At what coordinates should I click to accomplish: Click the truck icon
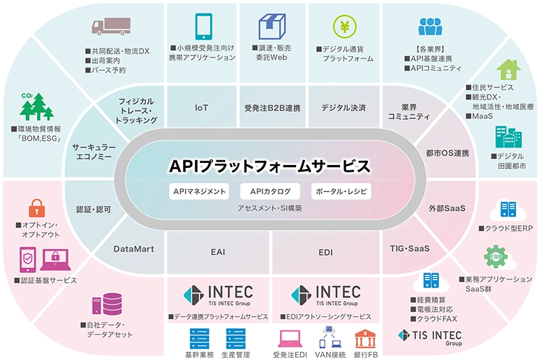click(x=111, y=26)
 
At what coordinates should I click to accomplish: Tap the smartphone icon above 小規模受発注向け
click(x=204, y=26)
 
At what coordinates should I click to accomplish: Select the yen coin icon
click(x=345, y=26)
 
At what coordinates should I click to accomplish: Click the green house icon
click(x=509, y=70)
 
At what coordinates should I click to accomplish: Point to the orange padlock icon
click(x=37, y=208)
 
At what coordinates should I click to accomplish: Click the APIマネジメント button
click(x=199, y=192)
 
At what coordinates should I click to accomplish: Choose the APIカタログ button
click(x=270, y=192)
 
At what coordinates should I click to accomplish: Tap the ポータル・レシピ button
click(x=342, y=192)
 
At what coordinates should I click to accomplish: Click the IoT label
click(x=202, y=108)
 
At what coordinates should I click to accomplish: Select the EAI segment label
click(x=218, y=252)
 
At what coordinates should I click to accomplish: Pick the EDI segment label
click(x=326, y=252)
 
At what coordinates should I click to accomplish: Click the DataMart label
click(x=134, y=249)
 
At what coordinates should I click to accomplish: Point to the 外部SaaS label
click(x=447, y=208)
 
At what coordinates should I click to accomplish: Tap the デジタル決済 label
click(x=344, y=108)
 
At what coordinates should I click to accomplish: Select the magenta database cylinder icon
click(x=107, y=304)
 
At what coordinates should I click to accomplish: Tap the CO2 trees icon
click(x=37, y=106)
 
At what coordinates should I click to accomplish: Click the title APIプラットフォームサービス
click(x=270, y=166)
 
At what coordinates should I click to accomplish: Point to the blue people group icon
click(x=430, y=26)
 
